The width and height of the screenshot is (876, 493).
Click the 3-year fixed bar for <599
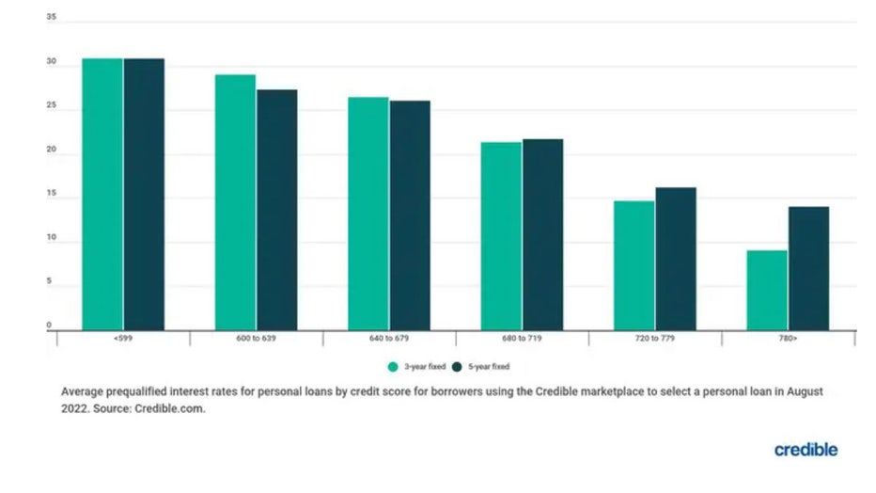[x=102, y=194]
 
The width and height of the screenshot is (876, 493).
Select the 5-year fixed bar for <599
[x=144, y=194]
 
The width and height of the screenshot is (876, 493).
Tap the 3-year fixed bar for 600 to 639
[x=235, y=202]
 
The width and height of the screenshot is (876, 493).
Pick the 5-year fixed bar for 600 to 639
[x=276, y=210]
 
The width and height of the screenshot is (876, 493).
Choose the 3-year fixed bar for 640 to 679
[x=368, y=214]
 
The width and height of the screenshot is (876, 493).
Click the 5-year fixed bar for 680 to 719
[x=542, y=234]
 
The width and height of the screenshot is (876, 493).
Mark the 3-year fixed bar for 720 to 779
[x=634, y=265]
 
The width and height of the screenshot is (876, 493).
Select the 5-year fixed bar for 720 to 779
[x=676, y=259]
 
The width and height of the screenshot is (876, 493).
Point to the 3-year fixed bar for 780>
[x=768, y=290]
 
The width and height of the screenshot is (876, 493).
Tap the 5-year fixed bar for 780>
[x=808, y=268]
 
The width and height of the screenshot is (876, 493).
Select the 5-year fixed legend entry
[x=480, y=366]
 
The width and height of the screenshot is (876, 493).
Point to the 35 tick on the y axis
[x=51, y=18]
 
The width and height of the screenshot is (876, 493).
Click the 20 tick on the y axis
[x=51, y=151]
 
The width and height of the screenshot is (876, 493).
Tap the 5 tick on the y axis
[x=51, y=282]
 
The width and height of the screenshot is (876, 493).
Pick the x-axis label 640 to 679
[x=389, y=338]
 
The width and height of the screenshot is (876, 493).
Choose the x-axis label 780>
[x=788, y=338]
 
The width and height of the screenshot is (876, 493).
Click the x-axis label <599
[x=123, y=338]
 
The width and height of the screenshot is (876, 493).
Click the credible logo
[x=806, y=450]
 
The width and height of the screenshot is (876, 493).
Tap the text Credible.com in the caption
[x=168, y=410]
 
